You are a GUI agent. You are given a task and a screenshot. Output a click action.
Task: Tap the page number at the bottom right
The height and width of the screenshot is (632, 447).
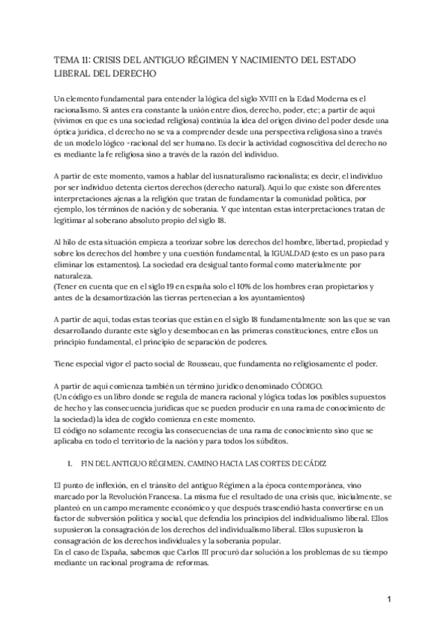(388, 598)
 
